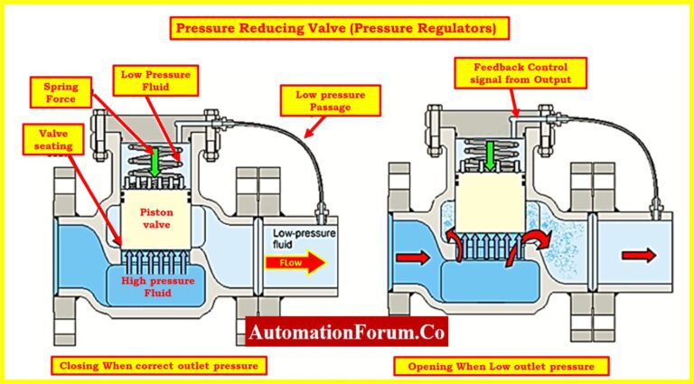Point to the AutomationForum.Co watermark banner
coord(346,333)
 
